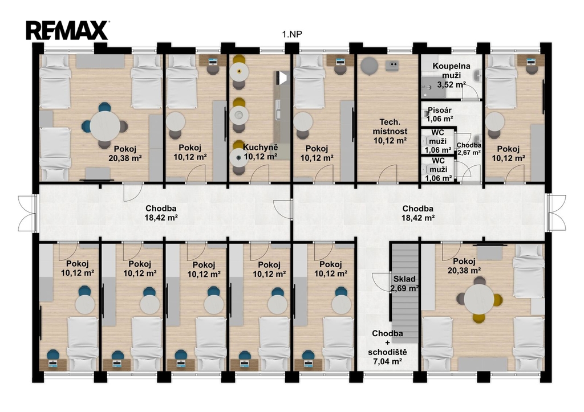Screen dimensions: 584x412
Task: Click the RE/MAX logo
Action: tap(67, 30)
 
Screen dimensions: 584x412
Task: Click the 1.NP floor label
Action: tap(292, 34)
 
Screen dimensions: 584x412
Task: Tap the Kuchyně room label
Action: tap(260, 147)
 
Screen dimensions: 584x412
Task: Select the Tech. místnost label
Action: tap(390, 127)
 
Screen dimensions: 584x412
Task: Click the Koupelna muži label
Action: tap(451, 71)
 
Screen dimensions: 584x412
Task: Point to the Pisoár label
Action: tap(440, 110)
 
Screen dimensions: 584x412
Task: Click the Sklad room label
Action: tap(404, 279)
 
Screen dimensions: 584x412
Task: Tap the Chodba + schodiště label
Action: tap(387, 343)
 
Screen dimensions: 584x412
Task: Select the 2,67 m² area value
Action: tap(469, 152)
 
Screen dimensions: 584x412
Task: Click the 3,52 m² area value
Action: tap(452, 84)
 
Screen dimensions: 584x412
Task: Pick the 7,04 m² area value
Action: tap(387, 361)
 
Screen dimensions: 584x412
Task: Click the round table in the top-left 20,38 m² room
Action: tap(105, 126)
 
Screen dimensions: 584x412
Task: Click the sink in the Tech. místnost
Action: tap(393, 65)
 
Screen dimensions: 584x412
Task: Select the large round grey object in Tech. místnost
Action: tap(369, 66)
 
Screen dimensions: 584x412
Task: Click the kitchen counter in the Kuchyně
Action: tap(282, 116)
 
